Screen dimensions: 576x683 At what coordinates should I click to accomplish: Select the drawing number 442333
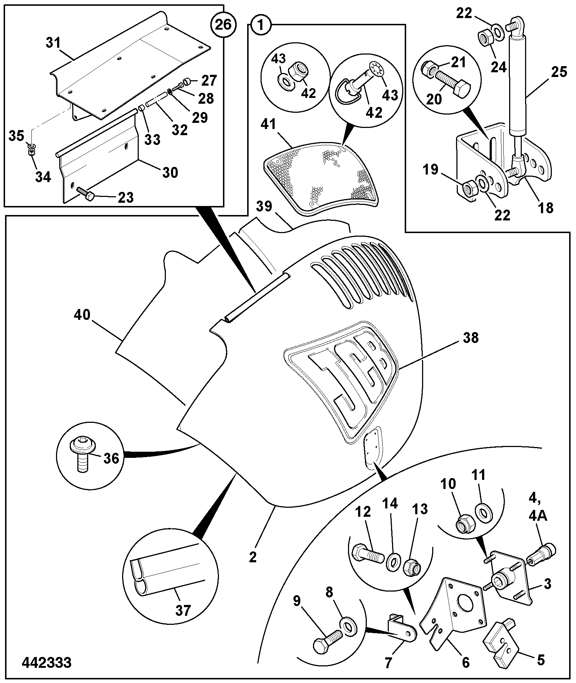47,662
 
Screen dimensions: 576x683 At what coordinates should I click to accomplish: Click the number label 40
82,315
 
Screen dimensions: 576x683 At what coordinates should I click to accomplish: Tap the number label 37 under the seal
183,610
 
